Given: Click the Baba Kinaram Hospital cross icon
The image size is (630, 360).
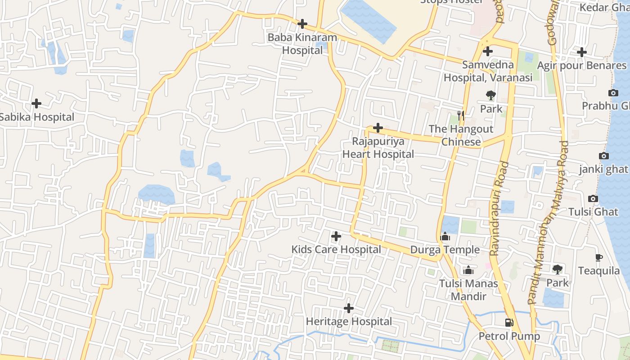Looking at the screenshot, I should (x=302, y=24).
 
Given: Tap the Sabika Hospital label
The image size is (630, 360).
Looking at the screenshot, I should (x=37, y=117).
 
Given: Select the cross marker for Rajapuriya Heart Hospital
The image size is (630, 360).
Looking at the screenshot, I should (x=378, y=128).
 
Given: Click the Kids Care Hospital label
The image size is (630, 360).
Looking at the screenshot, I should (x=336, y=249).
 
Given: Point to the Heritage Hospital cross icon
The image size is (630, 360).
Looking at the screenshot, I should (x=348, y=308).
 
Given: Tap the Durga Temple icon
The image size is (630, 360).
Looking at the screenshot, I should (x=445, y=237).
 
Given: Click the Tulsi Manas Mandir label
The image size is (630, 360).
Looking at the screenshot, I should (x=468, y=290).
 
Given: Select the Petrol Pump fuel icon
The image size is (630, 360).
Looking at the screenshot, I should (x=509, y=322).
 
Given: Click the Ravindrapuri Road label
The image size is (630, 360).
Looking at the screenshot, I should (x=499, y=209).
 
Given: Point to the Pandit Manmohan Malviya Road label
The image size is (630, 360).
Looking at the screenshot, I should (x=549, y=223).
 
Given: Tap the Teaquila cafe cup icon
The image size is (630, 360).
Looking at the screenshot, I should (x=598, y=257).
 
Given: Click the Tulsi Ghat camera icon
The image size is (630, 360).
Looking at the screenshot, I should (x=593, y=198).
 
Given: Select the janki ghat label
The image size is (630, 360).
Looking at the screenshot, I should (x=603, y=169).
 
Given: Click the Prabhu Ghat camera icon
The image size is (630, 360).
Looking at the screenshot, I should (x=613, y=93).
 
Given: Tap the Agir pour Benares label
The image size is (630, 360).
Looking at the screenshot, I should (x=581, y=66).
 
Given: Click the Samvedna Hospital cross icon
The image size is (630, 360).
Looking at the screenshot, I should (x=487, y=51).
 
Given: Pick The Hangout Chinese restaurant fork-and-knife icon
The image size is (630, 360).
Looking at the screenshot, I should (x=460, y=116).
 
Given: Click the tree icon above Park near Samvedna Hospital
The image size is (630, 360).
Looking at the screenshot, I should (x=490, y=95).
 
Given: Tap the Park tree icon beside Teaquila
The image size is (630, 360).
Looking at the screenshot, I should (x=558, y=270).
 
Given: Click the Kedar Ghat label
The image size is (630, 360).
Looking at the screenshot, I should (x=604, y=8).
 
